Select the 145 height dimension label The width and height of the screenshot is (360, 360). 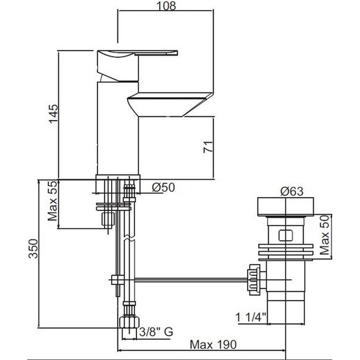(x=54, y=114)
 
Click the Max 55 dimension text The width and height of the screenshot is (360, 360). (x=54, y=205)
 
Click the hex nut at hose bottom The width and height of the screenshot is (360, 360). (x=128, y=323)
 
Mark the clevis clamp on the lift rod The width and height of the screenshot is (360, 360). (x=117, y=280)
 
